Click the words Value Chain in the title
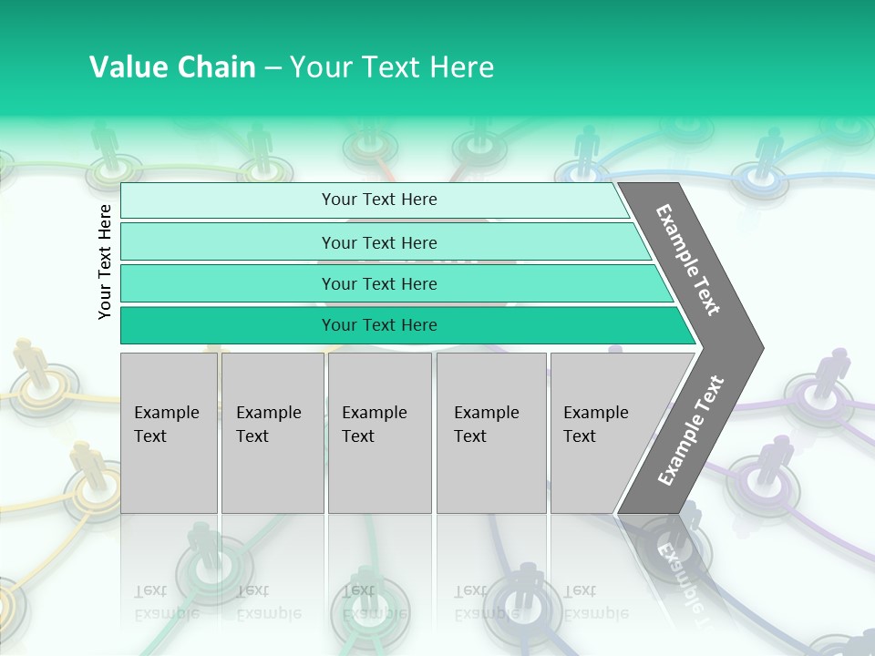coord(172,67)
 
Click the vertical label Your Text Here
coord(105,261)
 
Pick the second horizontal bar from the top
coord(378,242)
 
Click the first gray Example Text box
coord(169,433)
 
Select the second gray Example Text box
coord(272,433)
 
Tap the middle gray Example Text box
coord(379,433)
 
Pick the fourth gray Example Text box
coord(491,433)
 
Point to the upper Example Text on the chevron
coord(689,260)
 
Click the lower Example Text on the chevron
coord(691,430)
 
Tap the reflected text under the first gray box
coord(167,601)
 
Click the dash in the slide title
coord(273,67)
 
